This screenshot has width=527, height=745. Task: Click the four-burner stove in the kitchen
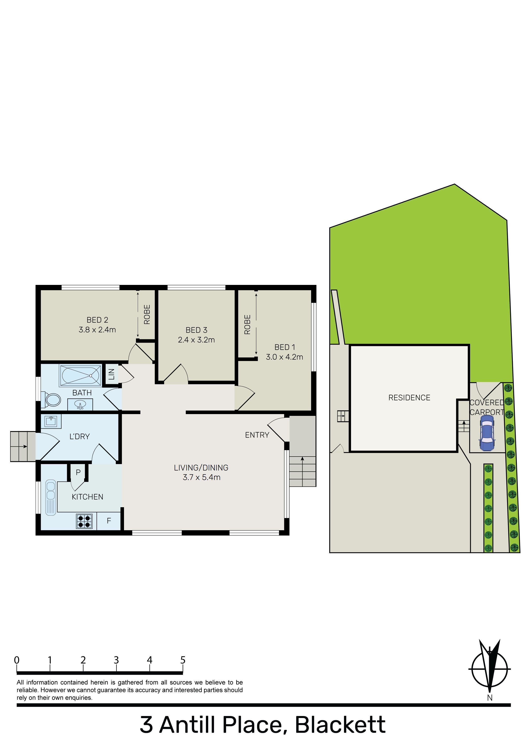(x=84, y=521)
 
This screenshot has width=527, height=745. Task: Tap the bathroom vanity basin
(x=80, y=405)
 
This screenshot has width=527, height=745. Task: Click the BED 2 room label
(x=97, y=320)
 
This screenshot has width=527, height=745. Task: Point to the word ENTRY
(x=257, y=435)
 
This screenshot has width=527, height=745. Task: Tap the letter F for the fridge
(x=109, y=521)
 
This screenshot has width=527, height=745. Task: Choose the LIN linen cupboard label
(x=111, y=374)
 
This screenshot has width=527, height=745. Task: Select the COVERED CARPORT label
(x=487, y=407)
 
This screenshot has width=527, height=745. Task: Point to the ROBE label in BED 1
(x=247, y=324)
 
